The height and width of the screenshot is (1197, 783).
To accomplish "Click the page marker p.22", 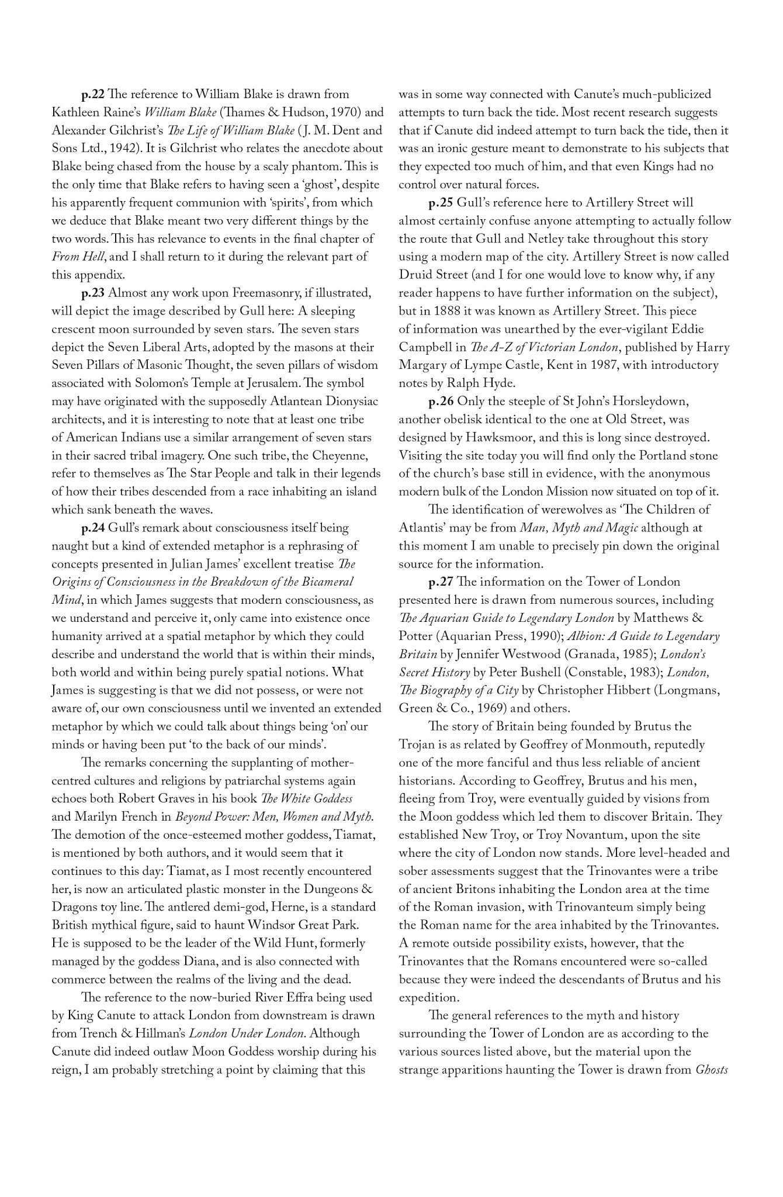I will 93,95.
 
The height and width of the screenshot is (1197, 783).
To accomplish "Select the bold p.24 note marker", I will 93,528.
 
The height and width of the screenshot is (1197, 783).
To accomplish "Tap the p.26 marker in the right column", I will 441,402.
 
